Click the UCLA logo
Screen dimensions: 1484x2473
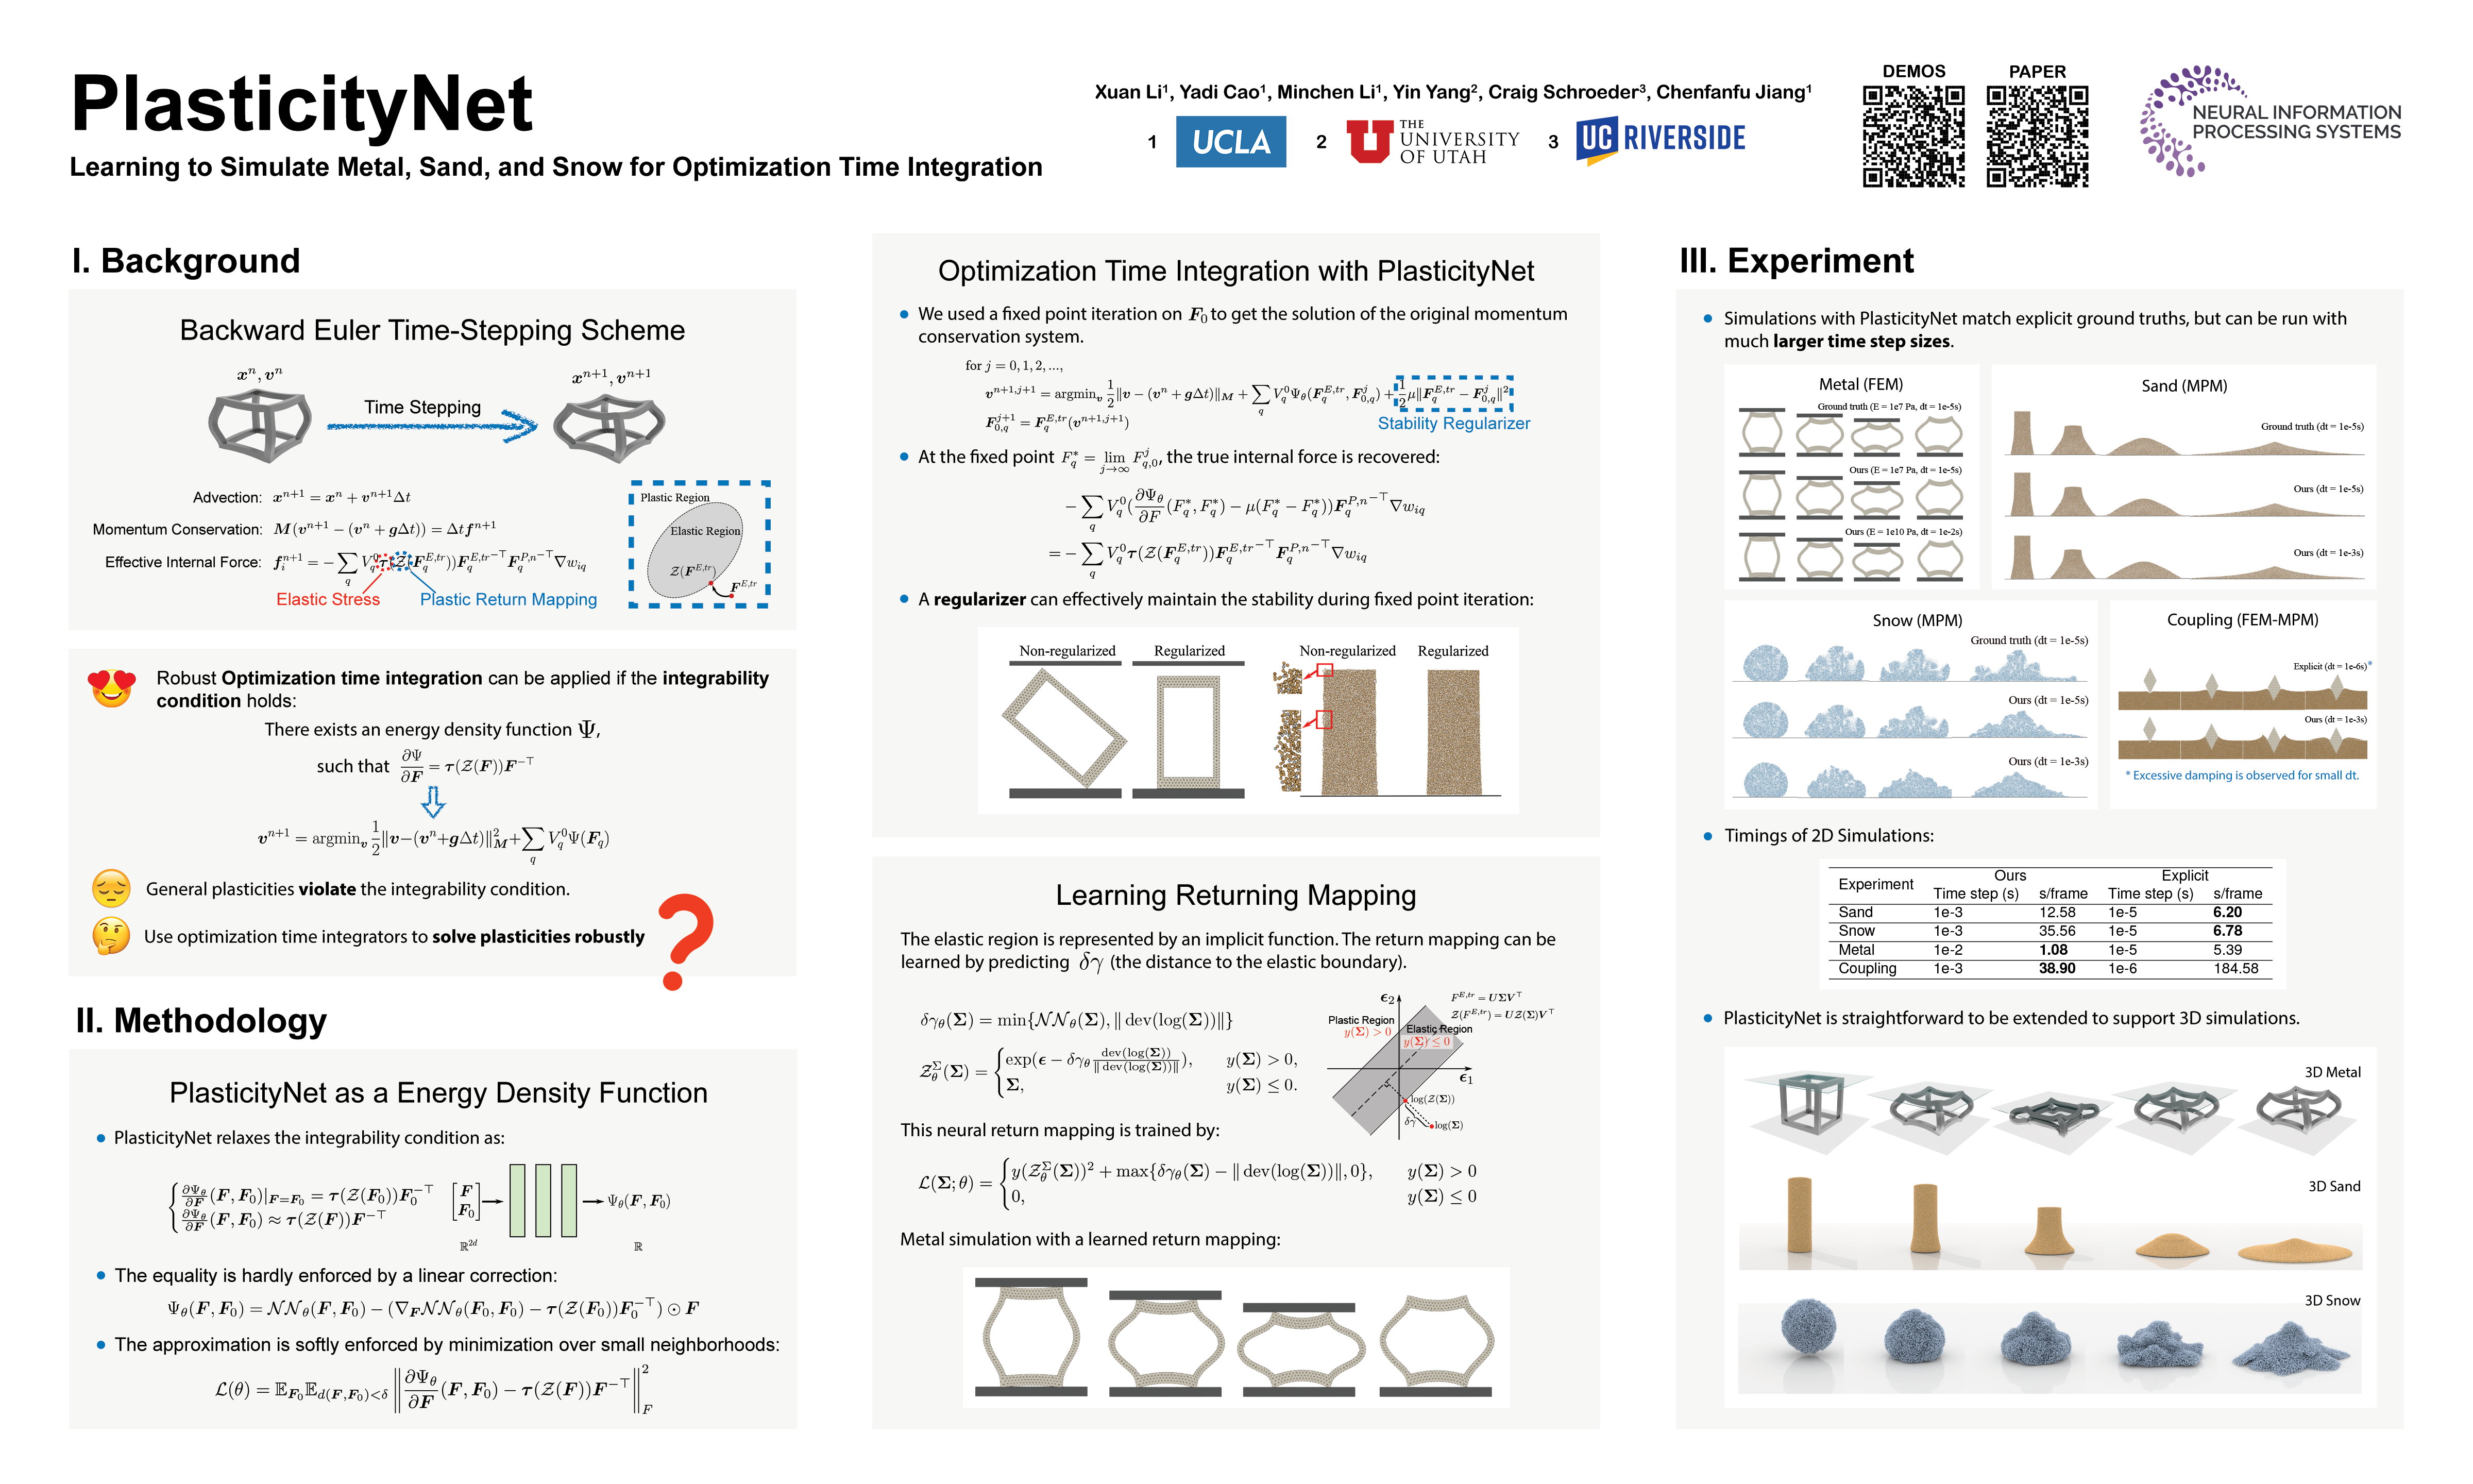[x=1230, y=142]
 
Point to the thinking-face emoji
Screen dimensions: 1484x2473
[x=111, y=936]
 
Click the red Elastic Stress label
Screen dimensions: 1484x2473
[x=328, y=599]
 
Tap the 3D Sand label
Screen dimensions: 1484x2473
[x=2333, y=1186]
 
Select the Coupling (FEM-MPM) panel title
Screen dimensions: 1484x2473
[x=2242, y=620]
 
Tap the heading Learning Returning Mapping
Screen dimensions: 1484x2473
[x=1235, y=895]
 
